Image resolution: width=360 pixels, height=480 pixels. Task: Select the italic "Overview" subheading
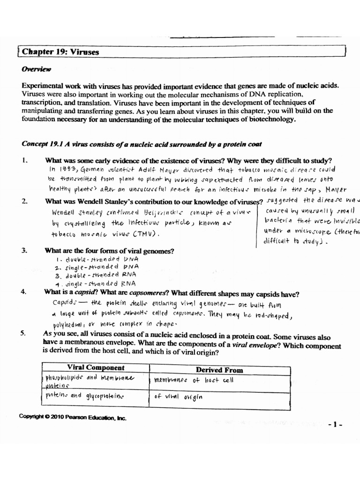tap(37, 69)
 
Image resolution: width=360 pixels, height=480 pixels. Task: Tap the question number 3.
tap(24, 250)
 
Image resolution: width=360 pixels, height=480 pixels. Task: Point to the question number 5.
tap(24, 333)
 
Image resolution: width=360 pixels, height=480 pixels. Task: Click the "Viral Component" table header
tap(96, 367)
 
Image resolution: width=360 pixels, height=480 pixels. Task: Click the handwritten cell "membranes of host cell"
tap(194, 380)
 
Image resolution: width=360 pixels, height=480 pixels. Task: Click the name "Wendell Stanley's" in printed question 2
tap(87, 201)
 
